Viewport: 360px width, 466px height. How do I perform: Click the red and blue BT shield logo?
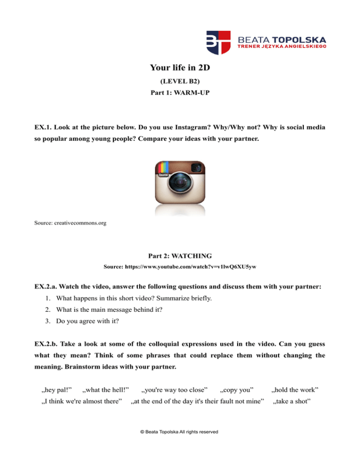[218, 43]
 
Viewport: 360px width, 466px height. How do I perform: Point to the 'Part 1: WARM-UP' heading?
[180, 93]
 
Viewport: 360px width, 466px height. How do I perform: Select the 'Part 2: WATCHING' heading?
[180, 256]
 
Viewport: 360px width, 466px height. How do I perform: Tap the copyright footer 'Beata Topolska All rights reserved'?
[180, 431]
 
